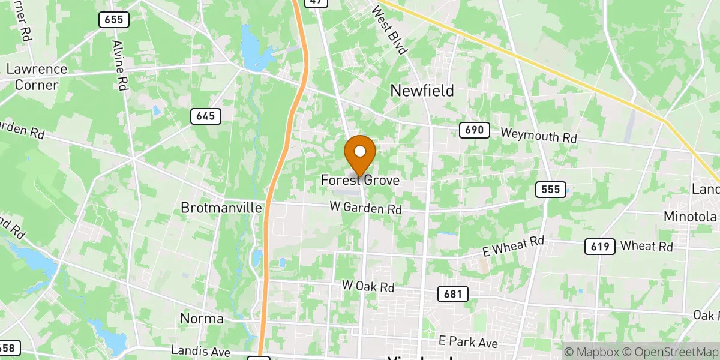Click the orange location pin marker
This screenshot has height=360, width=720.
pyautogui.click(x=360, y=155)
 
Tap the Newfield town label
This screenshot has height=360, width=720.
pyautogui.click(x=422, y=91)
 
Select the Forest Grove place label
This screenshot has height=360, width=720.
pyautogui.click(x=360, y=180)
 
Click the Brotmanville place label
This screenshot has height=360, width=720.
pyautogui.click(x=222, y=208)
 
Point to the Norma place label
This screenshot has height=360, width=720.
pyautogui.click(x=202, y=318)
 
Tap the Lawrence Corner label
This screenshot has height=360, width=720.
pyautogui.click(x=37, y=77)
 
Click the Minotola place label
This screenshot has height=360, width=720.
pyautogui.click(x=690, y=217)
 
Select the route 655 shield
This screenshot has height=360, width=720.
pyautogui.click(x=113, y=20)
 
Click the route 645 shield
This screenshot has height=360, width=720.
pyautogui.click(x=206, y=116)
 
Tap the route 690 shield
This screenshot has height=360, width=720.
pyautogui.click(x=475, y=130)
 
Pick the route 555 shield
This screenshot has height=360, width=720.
pyautogui.click(x=550, y=190)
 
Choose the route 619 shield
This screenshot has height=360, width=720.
pyautogui.click(x=599, y=246)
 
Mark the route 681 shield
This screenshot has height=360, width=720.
pyautogui.click(x=452, y=293)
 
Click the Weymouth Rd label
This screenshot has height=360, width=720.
pyautogui.click(x=539, y=136)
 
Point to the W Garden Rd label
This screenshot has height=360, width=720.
pyautogui.click(x=365, y=208)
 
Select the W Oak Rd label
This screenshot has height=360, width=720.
pyautogui.click(x=368, y=286)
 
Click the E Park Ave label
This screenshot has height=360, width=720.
pyautogui.click(x=468, y=342)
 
